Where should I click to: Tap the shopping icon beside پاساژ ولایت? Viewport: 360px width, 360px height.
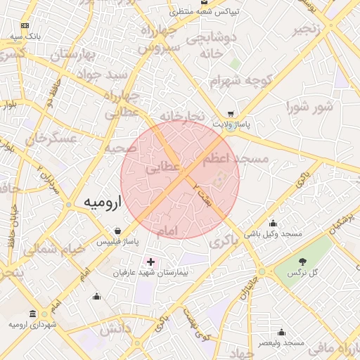coord(231,114)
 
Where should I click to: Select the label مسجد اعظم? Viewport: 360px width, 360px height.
coord(236,160)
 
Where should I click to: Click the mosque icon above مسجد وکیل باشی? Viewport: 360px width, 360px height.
coord(273,224)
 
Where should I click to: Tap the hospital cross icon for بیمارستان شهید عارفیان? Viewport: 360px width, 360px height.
coord(150,262)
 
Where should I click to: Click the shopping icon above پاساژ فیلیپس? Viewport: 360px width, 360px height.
coord(117,231)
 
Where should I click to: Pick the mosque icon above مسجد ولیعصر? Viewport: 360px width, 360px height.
coord(281,333)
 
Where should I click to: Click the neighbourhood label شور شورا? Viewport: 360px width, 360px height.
coord(309,107)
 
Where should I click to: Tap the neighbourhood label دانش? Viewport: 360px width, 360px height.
coord(115,328)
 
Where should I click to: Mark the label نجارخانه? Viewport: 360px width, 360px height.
coord(181,115)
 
